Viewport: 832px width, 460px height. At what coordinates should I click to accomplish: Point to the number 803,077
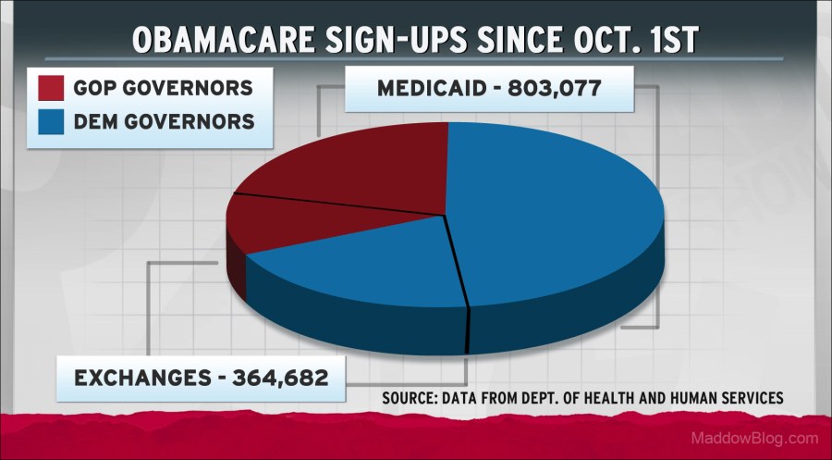(x=558, y=90)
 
